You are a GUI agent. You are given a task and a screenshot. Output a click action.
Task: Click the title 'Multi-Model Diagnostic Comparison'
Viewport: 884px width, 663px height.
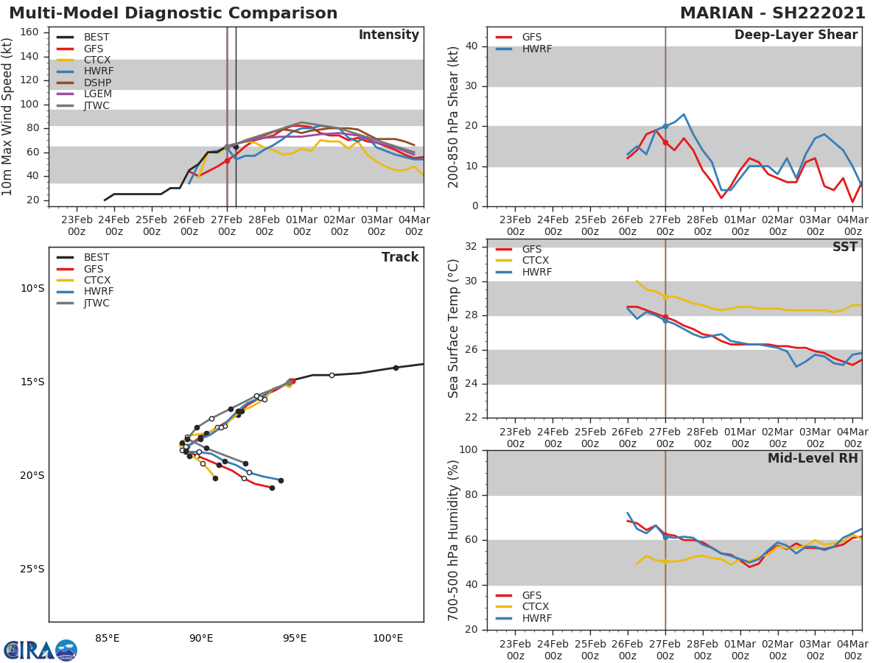pos(173,13)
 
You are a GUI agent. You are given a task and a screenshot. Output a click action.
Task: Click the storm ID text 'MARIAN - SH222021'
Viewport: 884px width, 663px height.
pos(773,13)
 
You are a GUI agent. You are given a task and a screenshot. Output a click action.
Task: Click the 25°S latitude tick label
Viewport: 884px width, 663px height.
pos(32,569)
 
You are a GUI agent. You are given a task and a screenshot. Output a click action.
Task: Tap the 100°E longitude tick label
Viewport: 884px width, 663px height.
pos(388,637)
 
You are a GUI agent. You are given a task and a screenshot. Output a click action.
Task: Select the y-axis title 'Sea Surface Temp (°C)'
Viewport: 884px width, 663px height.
pos(453,329)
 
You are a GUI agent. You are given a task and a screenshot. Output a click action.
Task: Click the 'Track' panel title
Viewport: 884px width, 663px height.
pos(400,257)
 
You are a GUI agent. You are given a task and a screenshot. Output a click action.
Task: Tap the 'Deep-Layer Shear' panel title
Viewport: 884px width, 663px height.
pos(796,35)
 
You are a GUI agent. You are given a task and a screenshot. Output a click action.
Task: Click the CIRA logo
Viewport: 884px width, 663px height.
pos(41,650)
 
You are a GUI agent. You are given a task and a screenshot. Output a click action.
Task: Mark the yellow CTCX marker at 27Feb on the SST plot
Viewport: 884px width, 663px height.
pos(665,297)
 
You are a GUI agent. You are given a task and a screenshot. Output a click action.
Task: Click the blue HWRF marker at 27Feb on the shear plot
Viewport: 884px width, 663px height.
pos(665,126)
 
